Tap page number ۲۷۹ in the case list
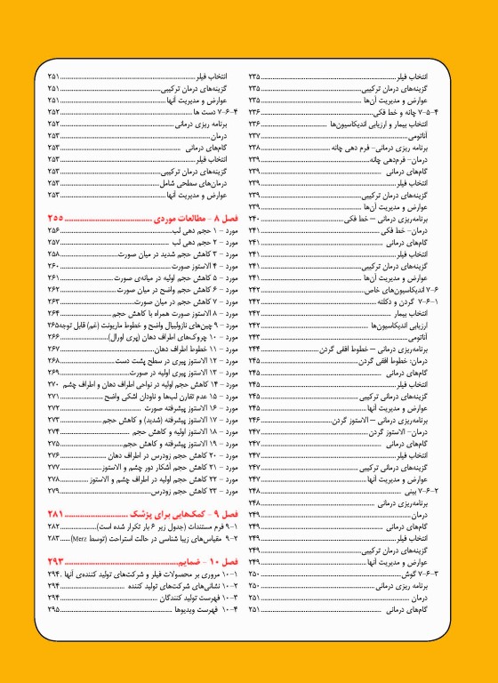click(54, 491)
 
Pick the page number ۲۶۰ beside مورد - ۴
click(54, 266)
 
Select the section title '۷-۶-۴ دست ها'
click(214, 113)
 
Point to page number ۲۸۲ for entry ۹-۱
click(54, 527)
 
